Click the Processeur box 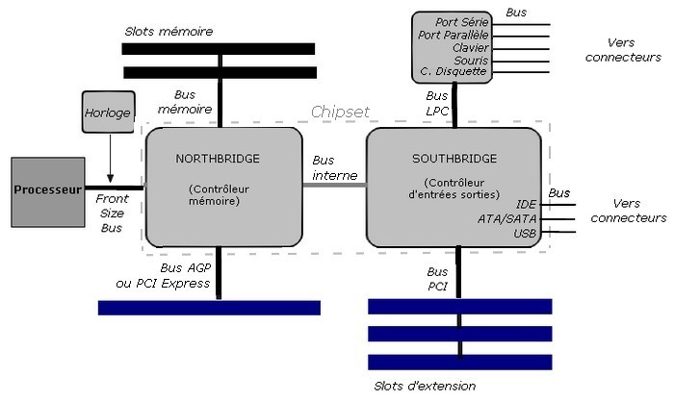pyautogui.click(x=47, y=188)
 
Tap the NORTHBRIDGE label pyautogui.click(x=219, y=158)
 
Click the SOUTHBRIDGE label pyautogui.click(x=454, y=158)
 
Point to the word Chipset pyautogui.click(x=340, y=113)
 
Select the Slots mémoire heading pyautogui.click(x=168, y=32)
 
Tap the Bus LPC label pyautogui.click(x=437, y=104)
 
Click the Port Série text pyautogui.click(x=460, y=22)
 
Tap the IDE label pyautogui.click(x=526, y=205)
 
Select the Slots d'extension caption pyautogui.click(x=424, y=387)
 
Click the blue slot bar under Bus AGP pyautogui.click(x=209, y=308)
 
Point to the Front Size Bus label pyautogui.click(x=112, y=214)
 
